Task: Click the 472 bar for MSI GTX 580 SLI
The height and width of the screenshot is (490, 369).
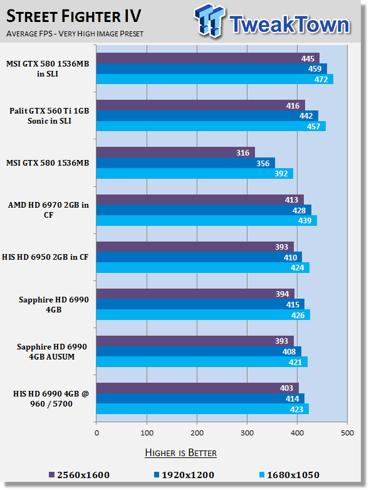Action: [x=215, y=79]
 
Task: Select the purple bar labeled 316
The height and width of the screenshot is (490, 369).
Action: [x=175, y=152]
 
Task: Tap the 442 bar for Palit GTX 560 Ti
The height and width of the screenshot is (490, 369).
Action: [x=207, y=115]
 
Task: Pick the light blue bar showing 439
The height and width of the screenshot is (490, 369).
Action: [x=207, y=220]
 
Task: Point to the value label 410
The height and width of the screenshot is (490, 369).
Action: [x=290, y=257]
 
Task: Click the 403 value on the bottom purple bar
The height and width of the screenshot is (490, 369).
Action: [x=286, y=388]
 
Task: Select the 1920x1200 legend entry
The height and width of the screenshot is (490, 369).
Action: [x=184, y=475]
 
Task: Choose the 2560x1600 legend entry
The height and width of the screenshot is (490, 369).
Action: [x=79, y=475]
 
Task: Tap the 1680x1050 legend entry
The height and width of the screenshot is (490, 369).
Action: [x=289, y=475]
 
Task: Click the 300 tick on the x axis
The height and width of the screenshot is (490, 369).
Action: [x=247, y=433]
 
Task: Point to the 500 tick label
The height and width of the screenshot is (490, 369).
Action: [x=347, y=433]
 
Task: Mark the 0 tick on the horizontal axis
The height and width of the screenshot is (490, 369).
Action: [x=96, y=433]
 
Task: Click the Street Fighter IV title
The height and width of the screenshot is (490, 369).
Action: [x=74, y=16]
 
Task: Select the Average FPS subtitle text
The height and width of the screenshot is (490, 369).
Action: [x=75, y=33]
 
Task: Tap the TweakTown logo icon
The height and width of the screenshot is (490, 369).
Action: [x=209, y=21]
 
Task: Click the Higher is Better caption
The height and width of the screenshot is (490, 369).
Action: [x=180, y=453]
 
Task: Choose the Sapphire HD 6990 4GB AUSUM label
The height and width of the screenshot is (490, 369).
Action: [x=52, y=351]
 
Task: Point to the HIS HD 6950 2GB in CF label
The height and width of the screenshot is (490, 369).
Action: [x=45, y=257]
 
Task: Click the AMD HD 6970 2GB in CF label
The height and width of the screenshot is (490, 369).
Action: [x=48, y=210]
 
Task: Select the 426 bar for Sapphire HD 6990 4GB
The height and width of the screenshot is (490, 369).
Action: [x=203, y=315]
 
